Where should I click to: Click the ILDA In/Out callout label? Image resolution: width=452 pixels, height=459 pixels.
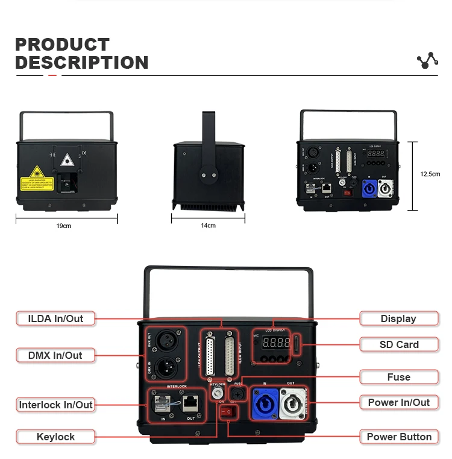pos(56,318)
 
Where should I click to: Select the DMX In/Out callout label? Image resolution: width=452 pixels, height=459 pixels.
pos(55,355)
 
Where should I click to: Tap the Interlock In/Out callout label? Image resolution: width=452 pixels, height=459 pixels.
pos(56,405)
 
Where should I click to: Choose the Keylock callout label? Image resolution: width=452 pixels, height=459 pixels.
pos(56,437)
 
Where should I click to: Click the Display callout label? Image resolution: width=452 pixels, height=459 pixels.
pos(398,318)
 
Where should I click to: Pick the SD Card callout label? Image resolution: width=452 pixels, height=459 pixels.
pos(398,344)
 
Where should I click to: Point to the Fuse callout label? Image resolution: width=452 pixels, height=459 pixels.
pos(398,377)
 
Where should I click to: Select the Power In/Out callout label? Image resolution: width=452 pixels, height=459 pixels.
pos(398,402)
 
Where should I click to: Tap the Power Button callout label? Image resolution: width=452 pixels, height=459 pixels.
pos(398,437)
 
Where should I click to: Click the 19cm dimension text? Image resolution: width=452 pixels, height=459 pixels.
pos(64,226)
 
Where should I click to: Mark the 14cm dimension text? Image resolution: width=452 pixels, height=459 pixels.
pos(208,226)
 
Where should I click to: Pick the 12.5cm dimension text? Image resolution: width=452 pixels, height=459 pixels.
pos(430,174)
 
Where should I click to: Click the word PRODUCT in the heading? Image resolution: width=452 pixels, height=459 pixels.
pos(62,45)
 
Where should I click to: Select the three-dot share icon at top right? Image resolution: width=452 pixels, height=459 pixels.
pos(427,60)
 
